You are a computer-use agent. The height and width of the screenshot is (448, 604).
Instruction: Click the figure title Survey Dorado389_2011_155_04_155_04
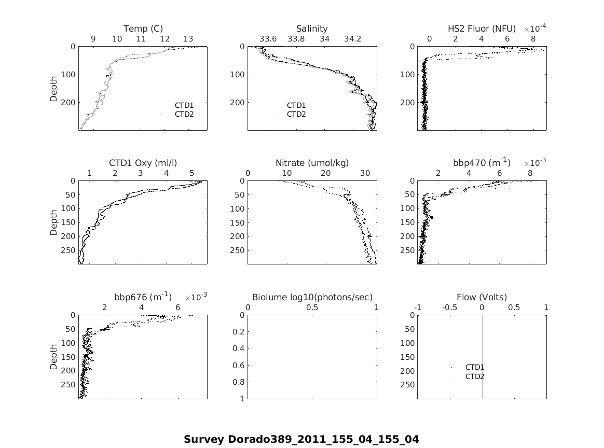pyautogui.click(x=301, y=439)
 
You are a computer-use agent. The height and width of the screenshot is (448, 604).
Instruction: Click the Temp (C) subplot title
pyautogui.click(x=143, y=29)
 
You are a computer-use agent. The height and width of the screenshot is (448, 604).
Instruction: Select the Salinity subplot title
pyautogui.click(x=312, y=29)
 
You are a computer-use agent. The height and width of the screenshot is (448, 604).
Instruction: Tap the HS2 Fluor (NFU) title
pyautogui.click(x=482, y=29)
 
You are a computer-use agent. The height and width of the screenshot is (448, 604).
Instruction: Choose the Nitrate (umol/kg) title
pyautogui.click(x=312, y=163)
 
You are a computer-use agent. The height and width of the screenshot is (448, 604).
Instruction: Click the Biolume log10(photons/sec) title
pyautogui.click(x=312, y=297)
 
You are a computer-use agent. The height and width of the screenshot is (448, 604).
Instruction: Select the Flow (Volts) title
pyautogui.click(x=482, y=297)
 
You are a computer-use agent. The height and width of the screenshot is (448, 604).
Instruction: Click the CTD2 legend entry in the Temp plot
pyautogui.click(x=184, y=114)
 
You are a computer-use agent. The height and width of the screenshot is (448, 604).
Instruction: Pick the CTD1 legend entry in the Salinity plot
pyautogui.click(x=296, y=105)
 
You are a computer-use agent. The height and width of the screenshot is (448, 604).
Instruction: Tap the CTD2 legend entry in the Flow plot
pyautogui.click(x=474, y=376)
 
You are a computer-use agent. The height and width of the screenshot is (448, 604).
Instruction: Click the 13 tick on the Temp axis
pyautogui.click(x=188, y=39)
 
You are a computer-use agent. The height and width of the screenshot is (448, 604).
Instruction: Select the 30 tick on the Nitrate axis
pyautogui.click(x=365, y=173)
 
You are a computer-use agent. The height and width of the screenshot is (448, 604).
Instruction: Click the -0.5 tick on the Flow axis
pyautogui.click(x=449, y=307)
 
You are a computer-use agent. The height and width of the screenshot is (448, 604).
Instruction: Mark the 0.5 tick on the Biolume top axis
pyautogui.click(x=312, y=307)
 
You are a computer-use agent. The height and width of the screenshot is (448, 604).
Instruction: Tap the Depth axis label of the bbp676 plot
pyautogui.click(x=54, y=357)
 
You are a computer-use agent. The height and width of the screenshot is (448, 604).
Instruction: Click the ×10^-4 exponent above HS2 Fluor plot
pyautogui.click(x=534, y=28)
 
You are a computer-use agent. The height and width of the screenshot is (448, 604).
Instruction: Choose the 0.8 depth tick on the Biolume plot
pyautogui.click(x=239, y=382)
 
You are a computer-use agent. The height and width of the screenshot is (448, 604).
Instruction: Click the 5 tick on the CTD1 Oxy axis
pyautogui.click(x=191, y=173)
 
